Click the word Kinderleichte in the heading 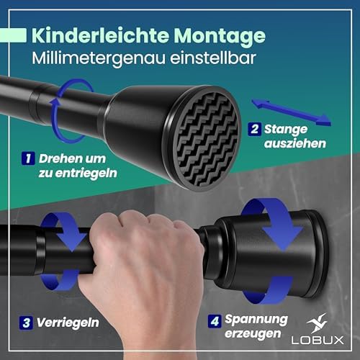(100, 35)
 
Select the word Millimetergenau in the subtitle (99, 58)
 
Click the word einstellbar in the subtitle (213, 58)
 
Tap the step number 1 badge (28, 158)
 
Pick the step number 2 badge (254, 129)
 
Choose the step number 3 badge (26, 323)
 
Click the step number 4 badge (215, 321)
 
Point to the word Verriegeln (68, 323)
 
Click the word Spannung (256, 320)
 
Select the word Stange (286, 130)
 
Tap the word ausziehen (295, 143)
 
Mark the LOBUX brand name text (318, 341)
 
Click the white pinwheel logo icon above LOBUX (318, 323)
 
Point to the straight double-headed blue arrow (291, 112)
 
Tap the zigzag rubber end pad (207, 140)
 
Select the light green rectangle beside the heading (13, 35)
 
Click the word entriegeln (86, 174)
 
